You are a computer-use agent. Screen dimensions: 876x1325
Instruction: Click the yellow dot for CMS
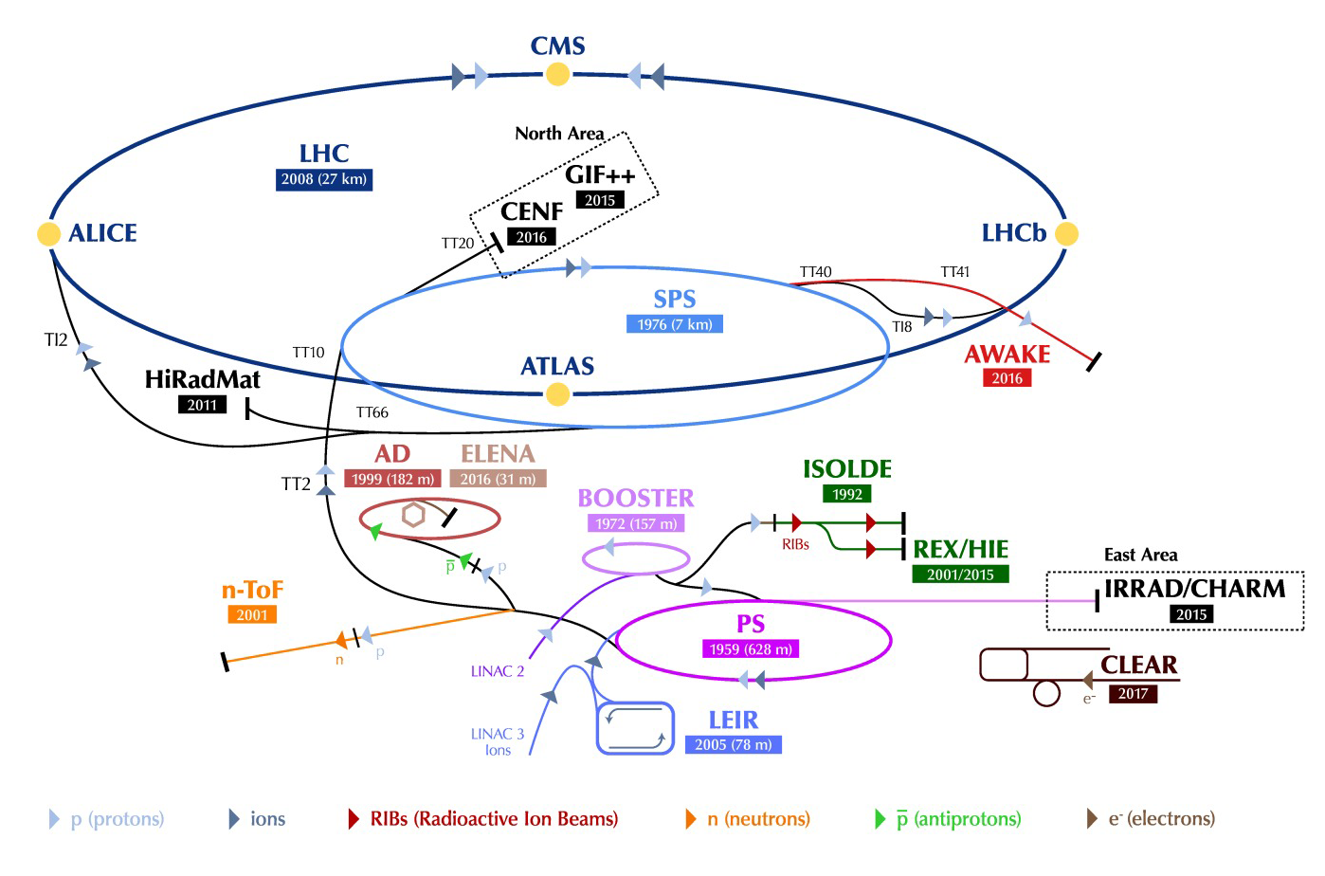pos(558,74)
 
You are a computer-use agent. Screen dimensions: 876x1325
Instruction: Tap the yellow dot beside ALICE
pos(49,233)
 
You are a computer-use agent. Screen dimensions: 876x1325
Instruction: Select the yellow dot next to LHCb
pos(1067,233)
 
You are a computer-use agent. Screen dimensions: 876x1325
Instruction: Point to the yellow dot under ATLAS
pos(558,393)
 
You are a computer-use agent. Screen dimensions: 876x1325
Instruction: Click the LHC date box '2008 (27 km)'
pos(324,179)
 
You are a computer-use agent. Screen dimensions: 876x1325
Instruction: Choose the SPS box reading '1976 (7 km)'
pos(675,324)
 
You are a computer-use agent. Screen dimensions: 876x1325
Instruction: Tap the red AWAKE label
pos(1007,354)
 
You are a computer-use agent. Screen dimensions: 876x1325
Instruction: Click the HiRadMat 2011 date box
pos(202,405)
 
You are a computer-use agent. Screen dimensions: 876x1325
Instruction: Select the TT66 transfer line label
pos(372,412)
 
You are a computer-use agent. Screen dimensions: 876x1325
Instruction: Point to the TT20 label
pos(458,244)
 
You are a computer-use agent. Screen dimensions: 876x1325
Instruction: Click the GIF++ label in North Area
pos(600,175)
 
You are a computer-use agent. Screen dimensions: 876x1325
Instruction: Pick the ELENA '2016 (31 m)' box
pos(499,479)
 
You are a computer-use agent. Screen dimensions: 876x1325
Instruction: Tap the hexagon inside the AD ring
pos(413,515)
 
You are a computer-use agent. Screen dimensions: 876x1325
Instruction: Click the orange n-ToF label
pos(252,590)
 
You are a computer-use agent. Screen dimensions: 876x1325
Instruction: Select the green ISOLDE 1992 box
pos(847,494)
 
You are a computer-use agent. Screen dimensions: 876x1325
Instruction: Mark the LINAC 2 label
pos(498,671)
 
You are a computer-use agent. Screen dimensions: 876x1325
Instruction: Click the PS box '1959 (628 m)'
pos(751,649)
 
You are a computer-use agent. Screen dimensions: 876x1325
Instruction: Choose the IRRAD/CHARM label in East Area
pos(1195,589)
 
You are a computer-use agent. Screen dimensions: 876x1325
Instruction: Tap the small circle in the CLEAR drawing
pos(1046,694)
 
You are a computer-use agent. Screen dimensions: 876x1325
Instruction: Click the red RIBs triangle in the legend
pos(354,819)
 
